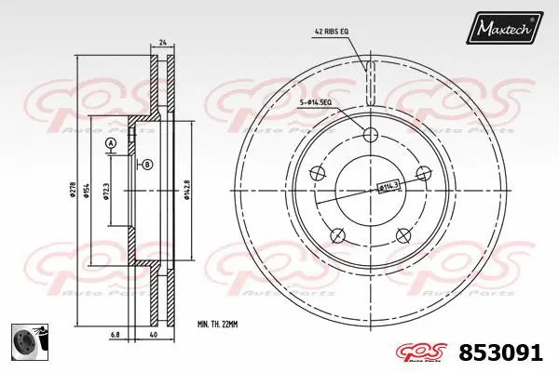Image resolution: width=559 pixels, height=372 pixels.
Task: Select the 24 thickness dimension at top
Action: pos(162,43)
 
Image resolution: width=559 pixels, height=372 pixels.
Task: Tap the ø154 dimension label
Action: pos(89,191)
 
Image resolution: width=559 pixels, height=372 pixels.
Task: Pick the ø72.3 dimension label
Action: pos(108,191)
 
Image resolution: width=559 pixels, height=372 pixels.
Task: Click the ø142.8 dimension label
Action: pos(189,191)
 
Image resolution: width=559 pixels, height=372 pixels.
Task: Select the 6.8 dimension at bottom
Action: pos(114,335)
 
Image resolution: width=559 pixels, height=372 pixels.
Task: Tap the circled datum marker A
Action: pos(111,142)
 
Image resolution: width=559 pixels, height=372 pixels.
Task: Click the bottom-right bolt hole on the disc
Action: pos(402,235)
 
